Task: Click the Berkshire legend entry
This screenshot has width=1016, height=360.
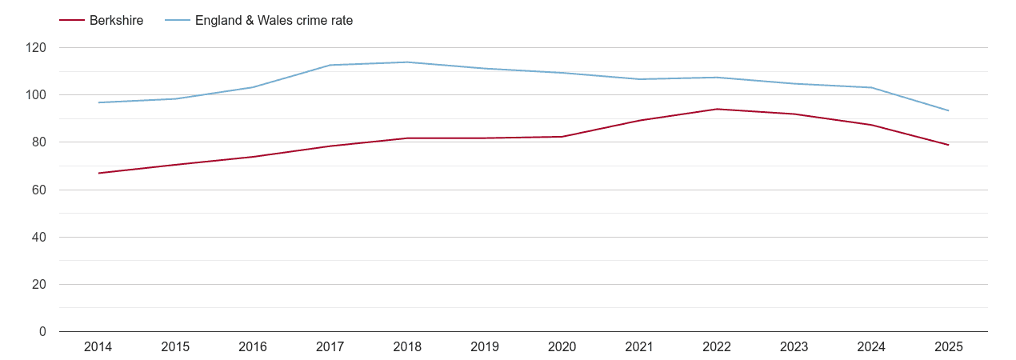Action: click(x=117, y=21)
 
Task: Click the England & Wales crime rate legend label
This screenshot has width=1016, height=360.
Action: click(x=274, y=21)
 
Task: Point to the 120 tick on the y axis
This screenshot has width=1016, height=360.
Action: click(x=36, y=48)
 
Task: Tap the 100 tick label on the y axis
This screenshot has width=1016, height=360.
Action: click(x=36, y=95)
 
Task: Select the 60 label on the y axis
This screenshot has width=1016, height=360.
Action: click(x=39, y=190)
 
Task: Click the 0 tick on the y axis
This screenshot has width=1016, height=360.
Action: click(x=42, y=332)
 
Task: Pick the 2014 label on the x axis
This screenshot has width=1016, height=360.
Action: click(x=98, y=347)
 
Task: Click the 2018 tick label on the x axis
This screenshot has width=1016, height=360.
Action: click(x=407, y=347)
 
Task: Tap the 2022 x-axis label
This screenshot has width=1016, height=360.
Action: click(x=717, y=347)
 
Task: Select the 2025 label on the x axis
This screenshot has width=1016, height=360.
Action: click(x=949, y=347)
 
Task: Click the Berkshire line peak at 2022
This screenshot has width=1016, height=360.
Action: click(x=717, y=109)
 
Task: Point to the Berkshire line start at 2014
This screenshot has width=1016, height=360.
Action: click(x=98, y=173)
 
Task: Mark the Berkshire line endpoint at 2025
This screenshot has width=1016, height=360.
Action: click(x=949, y=145)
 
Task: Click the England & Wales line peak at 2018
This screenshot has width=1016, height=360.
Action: click(x=407, y=62)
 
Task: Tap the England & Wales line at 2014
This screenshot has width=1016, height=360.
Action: click(x=98, y=102)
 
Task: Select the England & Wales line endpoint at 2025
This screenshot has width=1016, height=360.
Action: click(x=949, y=110)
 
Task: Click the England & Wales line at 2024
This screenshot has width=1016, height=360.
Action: click(x=871, y=87)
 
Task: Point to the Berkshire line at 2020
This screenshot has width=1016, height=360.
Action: click(x=562, y=137)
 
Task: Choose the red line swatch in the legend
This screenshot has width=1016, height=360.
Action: click(x=72, y=21)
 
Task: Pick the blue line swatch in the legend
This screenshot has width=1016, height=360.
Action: click(x=177, y=21)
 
